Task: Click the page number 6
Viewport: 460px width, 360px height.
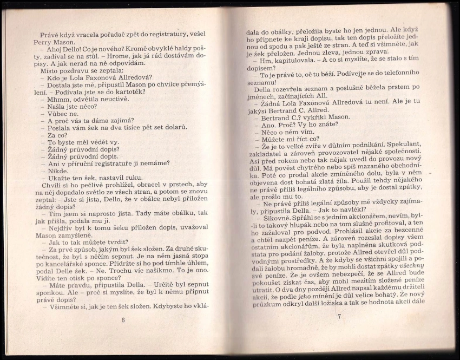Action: click(123, 320)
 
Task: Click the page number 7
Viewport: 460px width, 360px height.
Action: click(339, 316)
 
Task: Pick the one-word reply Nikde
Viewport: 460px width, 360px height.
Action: click(58, 171)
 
